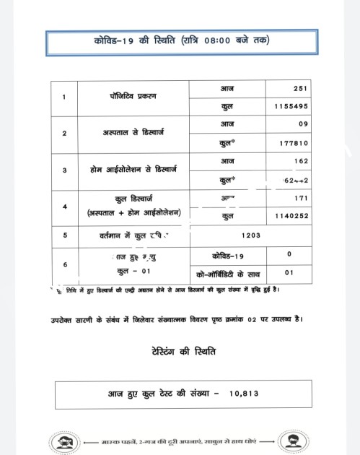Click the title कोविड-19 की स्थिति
(180, 41)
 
